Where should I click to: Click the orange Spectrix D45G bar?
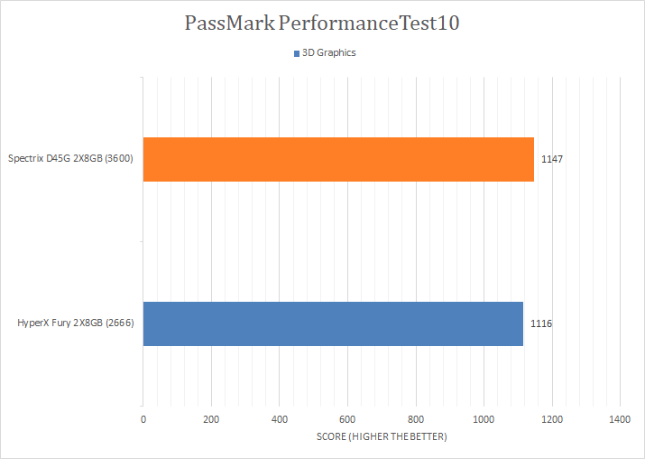pos(338,159)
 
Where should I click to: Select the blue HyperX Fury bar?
pos(333,323)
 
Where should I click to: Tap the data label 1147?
pos(552,159)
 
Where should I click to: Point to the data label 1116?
pos(541,323)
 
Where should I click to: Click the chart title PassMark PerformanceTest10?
pos(322,23)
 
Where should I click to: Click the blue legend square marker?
pos(296,53)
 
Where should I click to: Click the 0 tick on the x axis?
pos(143,419)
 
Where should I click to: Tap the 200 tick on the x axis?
pos(211,419)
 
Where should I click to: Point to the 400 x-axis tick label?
pos(280,419)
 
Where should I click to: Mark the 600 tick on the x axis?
pos(347,419)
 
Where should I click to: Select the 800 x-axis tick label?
pos(416,419)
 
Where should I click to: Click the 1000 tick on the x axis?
pos(484,419)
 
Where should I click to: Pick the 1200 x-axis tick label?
pos(552,419)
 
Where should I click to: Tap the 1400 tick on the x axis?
pos(620,419)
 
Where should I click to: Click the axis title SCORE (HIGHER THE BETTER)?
pos(382,437)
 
